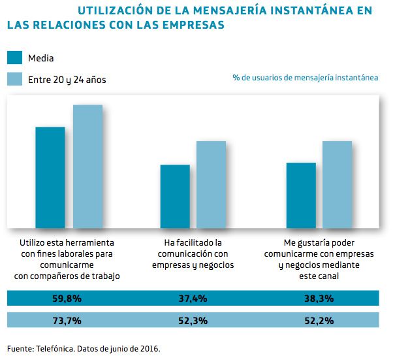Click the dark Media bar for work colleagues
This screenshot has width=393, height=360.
[50, 177]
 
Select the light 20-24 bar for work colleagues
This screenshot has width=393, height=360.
[87, 166]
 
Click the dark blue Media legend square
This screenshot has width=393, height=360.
[14, 57]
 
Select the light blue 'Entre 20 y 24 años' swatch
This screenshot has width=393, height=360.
[14, 79]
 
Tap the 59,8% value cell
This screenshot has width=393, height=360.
[67, 299]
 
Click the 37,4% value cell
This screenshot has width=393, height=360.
[193, 299]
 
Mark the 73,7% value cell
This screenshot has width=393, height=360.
[67, 320]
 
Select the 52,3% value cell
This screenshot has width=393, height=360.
[193, 320]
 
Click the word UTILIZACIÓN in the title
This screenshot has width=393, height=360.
[117, 10]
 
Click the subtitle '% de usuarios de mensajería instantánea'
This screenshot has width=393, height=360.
[305, 77]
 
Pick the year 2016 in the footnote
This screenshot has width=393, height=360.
[148, 348]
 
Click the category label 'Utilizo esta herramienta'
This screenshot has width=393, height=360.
[67, 243]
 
